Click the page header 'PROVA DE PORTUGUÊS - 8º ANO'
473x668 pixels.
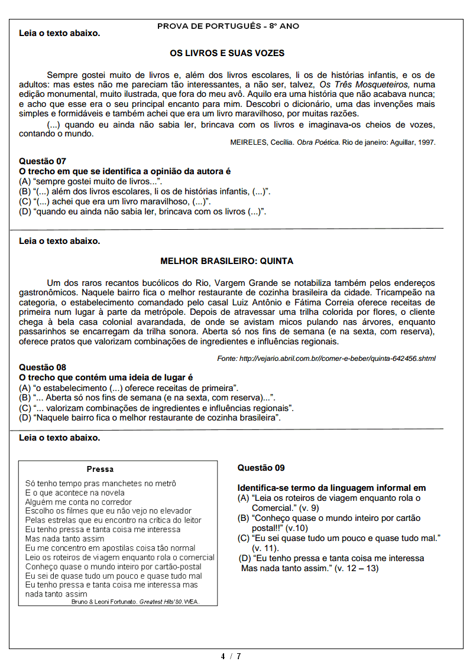228,27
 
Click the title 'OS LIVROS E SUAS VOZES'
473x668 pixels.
227,53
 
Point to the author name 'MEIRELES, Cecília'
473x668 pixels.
261,142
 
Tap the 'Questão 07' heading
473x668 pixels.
43,161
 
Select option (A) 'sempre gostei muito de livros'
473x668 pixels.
90,181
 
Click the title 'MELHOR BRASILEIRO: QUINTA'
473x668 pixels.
227,261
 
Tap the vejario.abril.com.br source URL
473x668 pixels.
326,358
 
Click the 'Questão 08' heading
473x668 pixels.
43,367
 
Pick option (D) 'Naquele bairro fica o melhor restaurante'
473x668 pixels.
150,418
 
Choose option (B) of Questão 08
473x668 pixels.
147,397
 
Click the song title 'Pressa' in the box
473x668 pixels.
100,469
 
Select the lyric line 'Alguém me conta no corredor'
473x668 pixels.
79,501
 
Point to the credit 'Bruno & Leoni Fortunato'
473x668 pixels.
104,602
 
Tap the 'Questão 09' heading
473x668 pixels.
261,468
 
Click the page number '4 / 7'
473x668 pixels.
231,656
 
